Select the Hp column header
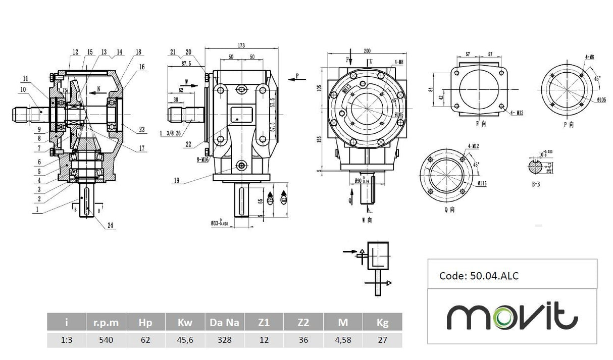[x=145, y=322]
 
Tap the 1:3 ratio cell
[x=66, y=340]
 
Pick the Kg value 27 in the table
[x=382, y=340]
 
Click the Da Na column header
[x=225, y=322]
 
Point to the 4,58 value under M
[x=343, y=340]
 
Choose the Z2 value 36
[x=303, y=340]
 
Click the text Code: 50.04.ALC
[x=479, y=276]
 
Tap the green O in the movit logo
[x=505, y=317]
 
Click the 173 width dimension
[x=241, y=45]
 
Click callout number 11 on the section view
[x=25, y=79]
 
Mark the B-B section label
[x=536, y=184]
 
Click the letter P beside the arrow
[x=297, y=76]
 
